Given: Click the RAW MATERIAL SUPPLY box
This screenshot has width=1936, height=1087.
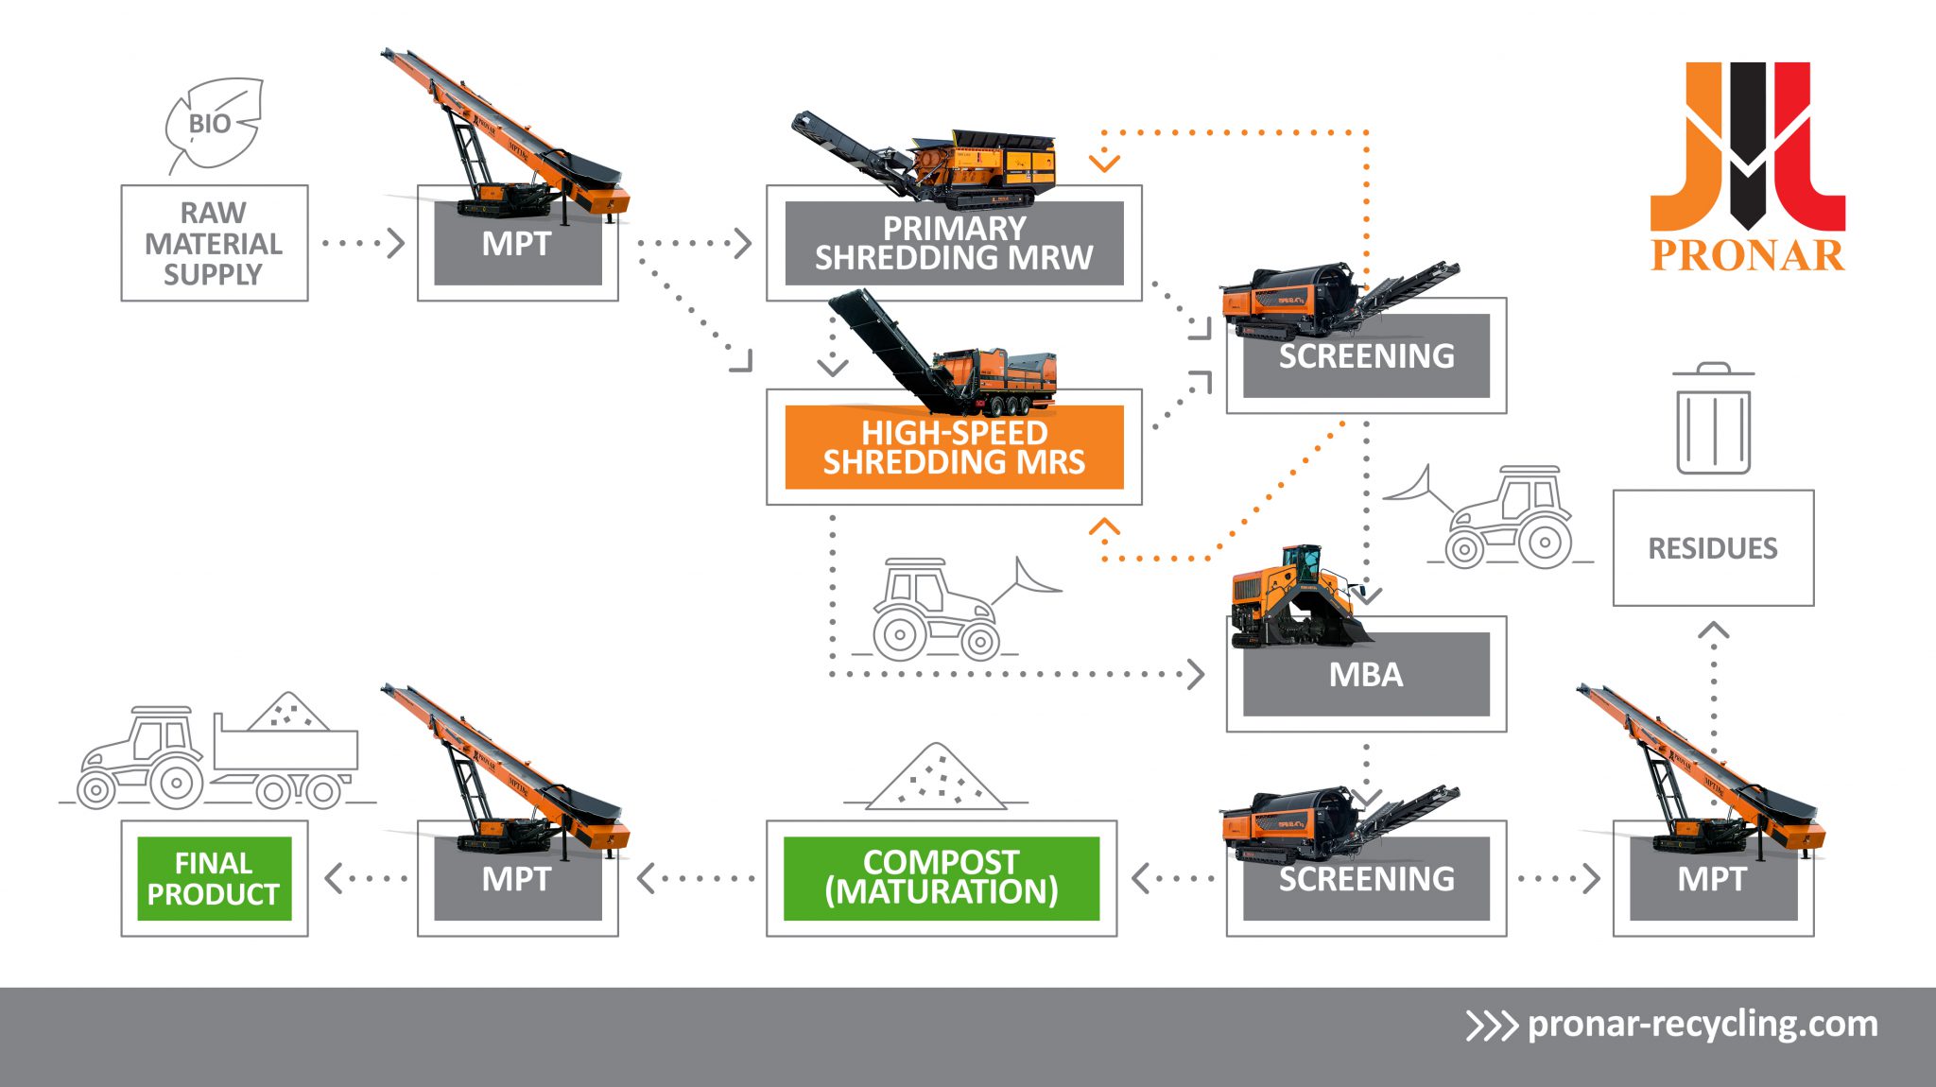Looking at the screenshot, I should (215, 243).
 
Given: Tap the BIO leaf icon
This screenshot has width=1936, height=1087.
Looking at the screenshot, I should (213, 124).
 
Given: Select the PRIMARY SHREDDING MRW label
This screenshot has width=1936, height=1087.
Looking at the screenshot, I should (954, 243).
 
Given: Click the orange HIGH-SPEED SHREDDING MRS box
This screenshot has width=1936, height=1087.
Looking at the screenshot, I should (954, 447).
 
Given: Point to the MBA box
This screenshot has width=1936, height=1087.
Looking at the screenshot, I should (1366, 675).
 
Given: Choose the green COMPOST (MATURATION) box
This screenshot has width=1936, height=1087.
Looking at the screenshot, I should (941, 877).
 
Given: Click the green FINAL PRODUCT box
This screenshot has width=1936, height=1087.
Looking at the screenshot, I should (215, 878).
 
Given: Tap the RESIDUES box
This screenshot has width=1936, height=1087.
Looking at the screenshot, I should (1713, 548).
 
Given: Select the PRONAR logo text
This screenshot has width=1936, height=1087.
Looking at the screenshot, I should (1747, 255).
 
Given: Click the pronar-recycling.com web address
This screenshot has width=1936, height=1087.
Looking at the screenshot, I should (1703, 1024).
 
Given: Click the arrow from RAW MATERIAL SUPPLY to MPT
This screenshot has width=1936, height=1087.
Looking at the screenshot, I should (363, 243).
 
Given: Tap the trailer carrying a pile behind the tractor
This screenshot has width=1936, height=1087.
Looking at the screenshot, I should (286, 746).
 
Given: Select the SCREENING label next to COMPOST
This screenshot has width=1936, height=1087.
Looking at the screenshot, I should (1366, 879).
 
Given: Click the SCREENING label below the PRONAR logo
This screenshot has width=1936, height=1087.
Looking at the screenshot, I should (1366, 356).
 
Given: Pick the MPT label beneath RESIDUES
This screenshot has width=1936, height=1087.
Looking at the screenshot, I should (1712, 879).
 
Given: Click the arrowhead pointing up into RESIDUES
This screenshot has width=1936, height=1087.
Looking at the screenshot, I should (1714, 630).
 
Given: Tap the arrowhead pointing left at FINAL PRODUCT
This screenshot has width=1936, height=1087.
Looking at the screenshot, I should (333, 878).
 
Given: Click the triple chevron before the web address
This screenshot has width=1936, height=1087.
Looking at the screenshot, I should (1490, 1026).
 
